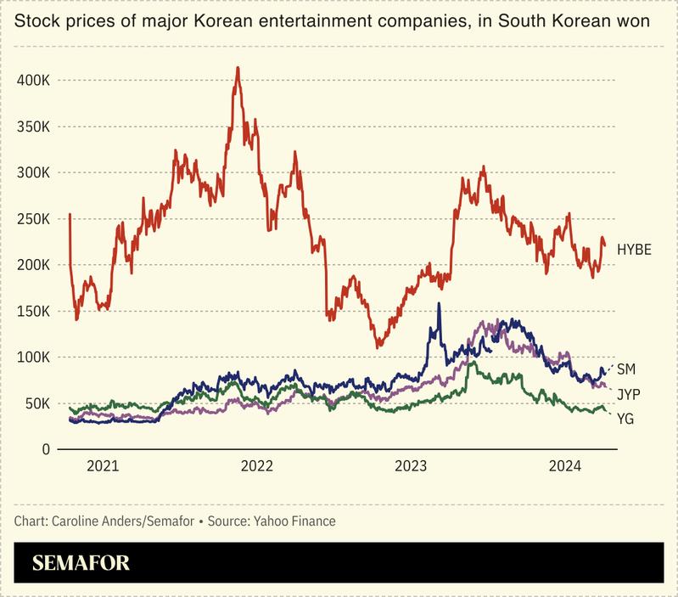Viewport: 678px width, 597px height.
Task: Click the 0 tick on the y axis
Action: coord(48,449)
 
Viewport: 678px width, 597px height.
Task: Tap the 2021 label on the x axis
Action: coord(103,466)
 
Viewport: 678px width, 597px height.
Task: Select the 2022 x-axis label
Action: coord(257,466)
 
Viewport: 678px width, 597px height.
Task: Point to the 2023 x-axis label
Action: coord(412,466)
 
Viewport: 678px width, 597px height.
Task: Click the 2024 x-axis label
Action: coord(565,466)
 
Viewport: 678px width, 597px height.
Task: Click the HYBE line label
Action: coord(634,250)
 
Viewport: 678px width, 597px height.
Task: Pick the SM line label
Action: coord(626,369)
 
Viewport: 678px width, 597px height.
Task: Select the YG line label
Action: coord(625,419)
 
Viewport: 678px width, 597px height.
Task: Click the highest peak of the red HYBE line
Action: coord(238,68)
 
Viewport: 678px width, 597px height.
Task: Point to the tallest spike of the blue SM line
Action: coord(439,303)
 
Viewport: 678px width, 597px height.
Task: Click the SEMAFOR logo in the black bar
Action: coord(81,564)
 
